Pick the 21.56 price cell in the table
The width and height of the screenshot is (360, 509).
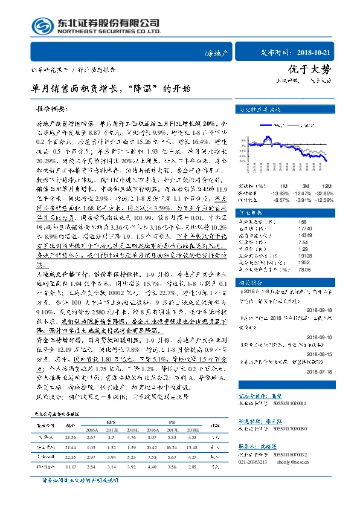[69, 436]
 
